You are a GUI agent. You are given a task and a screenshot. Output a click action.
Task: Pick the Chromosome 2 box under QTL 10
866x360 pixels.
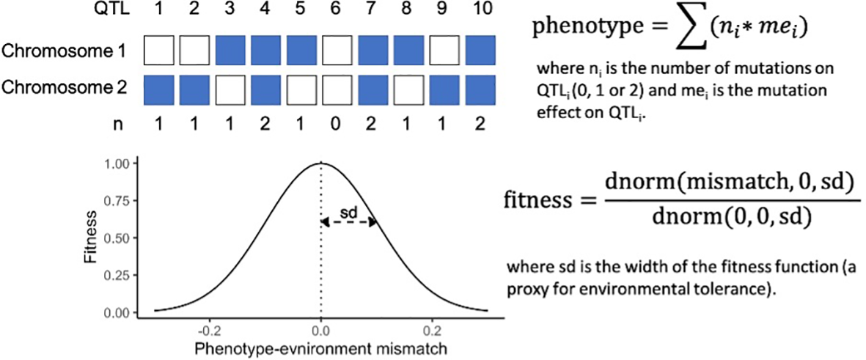[480, 89]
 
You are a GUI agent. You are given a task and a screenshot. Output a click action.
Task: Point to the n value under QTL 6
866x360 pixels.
[338, 125]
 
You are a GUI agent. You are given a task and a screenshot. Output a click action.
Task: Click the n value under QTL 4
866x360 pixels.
[267, 125]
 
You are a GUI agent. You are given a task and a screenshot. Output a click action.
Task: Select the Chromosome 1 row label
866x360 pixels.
[65, 51]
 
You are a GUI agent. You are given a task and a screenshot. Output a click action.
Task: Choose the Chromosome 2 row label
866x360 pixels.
[65, 89]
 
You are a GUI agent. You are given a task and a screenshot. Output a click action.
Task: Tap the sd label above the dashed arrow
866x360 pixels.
[348, 212]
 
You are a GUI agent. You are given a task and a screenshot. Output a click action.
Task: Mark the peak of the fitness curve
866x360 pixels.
[320, 163]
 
